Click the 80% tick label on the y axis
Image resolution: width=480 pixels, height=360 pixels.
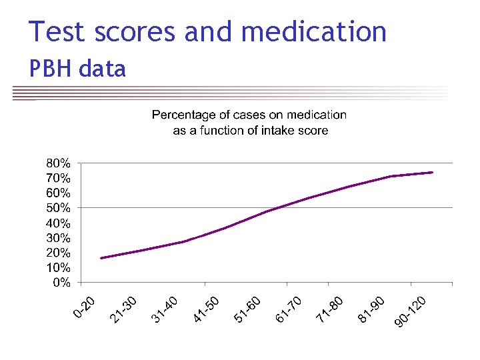click(58, 163)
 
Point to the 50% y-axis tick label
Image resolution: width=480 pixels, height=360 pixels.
click(58, 208)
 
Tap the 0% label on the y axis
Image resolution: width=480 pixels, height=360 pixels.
click(61, 283)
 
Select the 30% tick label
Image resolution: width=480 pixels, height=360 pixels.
click(58, 238)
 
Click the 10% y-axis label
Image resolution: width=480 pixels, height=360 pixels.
click(58, 267)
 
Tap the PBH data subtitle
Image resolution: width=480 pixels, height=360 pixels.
click(77, 68)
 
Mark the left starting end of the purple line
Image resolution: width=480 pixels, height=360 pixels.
click(101, 258)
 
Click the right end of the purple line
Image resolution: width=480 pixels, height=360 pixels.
click(433, 172)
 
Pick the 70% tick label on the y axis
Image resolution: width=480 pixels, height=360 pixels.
click(58, 178)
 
